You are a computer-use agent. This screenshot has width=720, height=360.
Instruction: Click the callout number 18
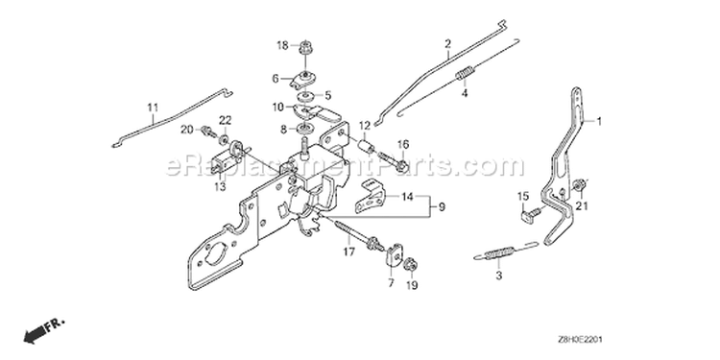coord(282,45)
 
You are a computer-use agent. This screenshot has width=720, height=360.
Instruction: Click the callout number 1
coord(599,121)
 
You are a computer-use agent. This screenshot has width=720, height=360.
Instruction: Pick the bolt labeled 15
coord(531,215)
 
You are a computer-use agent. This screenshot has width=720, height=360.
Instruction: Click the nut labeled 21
coord(579,185)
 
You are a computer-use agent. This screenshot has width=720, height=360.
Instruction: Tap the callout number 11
coord(153,108)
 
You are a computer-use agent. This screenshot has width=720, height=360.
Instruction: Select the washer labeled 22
coord(225,139)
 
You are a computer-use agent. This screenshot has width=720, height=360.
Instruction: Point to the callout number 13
coord(221,187)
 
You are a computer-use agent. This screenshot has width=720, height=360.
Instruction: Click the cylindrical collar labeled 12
coord(367,147)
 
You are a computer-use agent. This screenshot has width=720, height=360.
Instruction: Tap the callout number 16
coord(402,144)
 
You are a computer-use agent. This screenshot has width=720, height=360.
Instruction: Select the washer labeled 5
coord(304,97)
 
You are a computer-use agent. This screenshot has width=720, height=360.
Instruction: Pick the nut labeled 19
coord(408,265)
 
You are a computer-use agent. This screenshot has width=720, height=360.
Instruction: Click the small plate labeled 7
coord(395,254)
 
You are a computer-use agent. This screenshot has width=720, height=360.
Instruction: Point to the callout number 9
coord(442,207)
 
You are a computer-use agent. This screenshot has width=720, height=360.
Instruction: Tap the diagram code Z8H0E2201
coord(580,340)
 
